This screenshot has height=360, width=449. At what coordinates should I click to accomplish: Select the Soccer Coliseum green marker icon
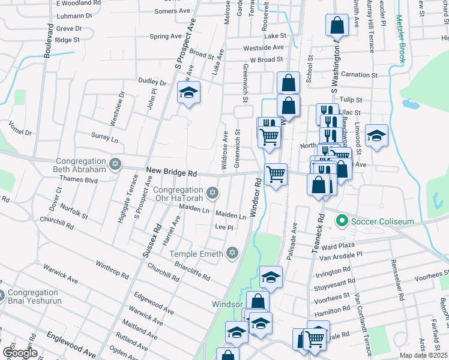click(x=342, y=221)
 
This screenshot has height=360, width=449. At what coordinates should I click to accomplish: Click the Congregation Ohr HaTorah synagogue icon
click(x=211, y=193)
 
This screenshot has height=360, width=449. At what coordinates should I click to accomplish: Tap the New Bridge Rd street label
click(x=172, y=173)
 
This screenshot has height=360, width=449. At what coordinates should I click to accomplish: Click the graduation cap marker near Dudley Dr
click(x=188, y=94)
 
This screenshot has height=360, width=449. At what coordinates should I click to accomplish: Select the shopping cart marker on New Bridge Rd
click(x=276, y=175)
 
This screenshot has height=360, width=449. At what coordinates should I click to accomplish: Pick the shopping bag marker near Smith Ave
click(x=337, y=26)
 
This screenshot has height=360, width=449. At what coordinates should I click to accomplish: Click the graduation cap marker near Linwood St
click(x=376, y=135)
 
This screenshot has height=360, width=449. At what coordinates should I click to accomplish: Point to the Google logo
click(x=20, y=353)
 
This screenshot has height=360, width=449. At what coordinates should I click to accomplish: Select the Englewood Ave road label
click(x=71, y=344)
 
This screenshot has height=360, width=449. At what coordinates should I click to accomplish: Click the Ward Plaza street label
click(x=339, y=245)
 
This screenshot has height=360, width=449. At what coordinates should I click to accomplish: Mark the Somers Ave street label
click(x=172, y=11)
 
